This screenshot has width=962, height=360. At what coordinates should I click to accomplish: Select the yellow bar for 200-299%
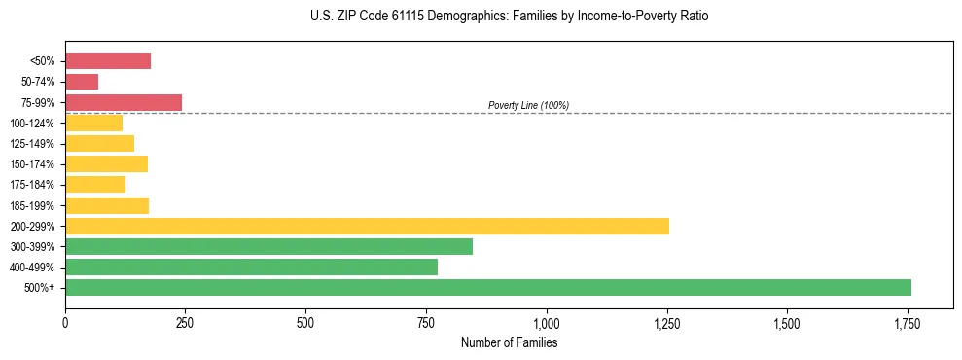pyautogui.click(x=367, y=226)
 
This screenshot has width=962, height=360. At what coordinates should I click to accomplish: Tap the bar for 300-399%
pyautogui.click(x=268, y=246)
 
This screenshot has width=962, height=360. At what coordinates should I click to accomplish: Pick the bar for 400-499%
pyautogui.click(x=251, y=267)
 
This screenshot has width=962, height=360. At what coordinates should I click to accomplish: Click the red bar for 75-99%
pyautogui.click(x=124, y=102)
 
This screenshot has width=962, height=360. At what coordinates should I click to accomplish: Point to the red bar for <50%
pyautogui.click(x=108, y=61)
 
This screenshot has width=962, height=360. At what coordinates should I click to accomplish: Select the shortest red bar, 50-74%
pyautogui.click(x=82, y=82)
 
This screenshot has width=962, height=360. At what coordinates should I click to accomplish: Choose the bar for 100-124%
pyautogui.click(x=93, y=123)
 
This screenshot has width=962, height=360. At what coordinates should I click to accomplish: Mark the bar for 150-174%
pyautogui.click(x=106, y=163)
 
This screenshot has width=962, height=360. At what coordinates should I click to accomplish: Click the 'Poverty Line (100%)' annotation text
pyautogui.click(x=528, y=105)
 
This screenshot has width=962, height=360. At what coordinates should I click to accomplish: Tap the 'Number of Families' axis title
pyautogui.click(x=509, y=342)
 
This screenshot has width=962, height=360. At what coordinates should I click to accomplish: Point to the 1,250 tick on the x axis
pyautogui.click(x=666, y=323)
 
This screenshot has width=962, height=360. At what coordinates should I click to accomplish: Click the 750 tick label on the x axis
pyautogui.click(x=426, y=323)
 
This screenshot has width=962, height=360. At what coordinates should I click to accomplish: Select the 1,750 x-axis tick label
pyautogui.click(x=908, y=323)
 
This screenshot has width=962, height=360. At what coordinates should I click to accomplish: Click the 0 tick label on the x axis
pyautogui.click(x=65, y=323)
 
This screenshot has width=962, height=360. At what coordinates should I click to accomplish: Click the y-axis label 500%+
pyautogui.click(x=40, y=288)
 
